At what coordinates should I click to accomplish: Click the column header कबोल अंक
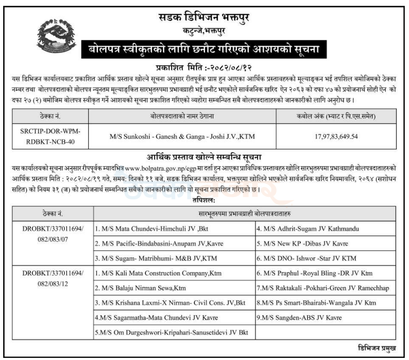coord(343,115)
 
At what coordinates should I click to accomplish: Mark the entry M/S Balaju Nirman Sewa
coord(140,288)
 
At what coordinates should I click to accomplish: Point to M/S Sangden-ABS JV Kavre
coord(299,318)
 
